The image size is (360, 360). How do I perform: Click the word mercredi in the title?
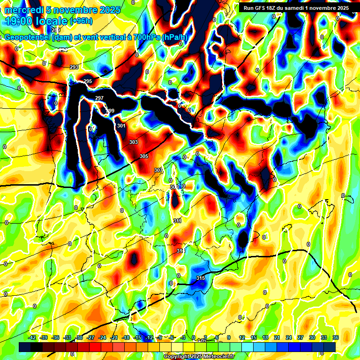pyautogui.click(x=24, y=10)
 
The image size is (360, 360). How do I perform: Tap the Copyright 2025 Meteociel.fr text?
pyautogui.click(x=199, y=356)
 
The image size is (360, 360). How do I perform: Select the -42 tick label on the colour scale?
pyautogui.click(x=32, y=337)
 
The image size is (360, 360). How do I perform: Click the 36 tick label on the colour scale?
pyautogui.click(x=335, y=337)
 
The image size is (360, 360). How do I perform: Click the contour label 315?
pyautogui.click(x=200, y=278)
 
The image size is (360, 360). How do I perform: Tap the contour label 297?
pyautogui.click(x=99, y=98)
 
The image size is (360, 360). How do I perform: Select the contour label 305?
pyautogui.click(x=144, y=157)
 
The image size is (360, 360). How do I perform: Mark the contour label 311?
pyautogui.click(x=177, y=221)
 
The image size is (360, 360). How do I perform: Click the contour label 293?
pyautogui.click(x=74, y=67)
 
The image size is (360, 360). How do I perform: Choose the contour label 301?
pyautogui.click(x=121, y=126)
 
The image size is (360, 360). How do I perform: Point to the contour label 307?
pyautogui.click(x=158, y=170)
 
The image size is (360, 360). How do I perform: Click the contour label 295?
pyautogui.click(x=88, y=82)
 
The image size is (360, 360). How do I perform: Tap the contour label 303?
pyautogui.click(x=134, y=142)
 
